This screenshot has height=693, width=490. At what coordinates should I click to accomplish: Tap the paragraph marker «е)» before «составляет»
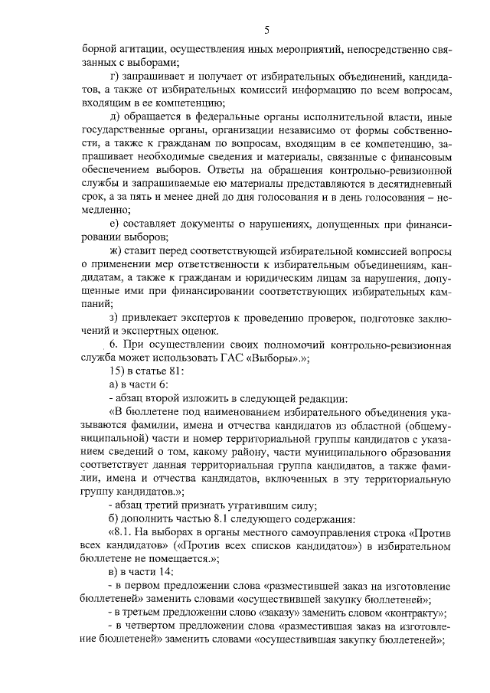[116, 222]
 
